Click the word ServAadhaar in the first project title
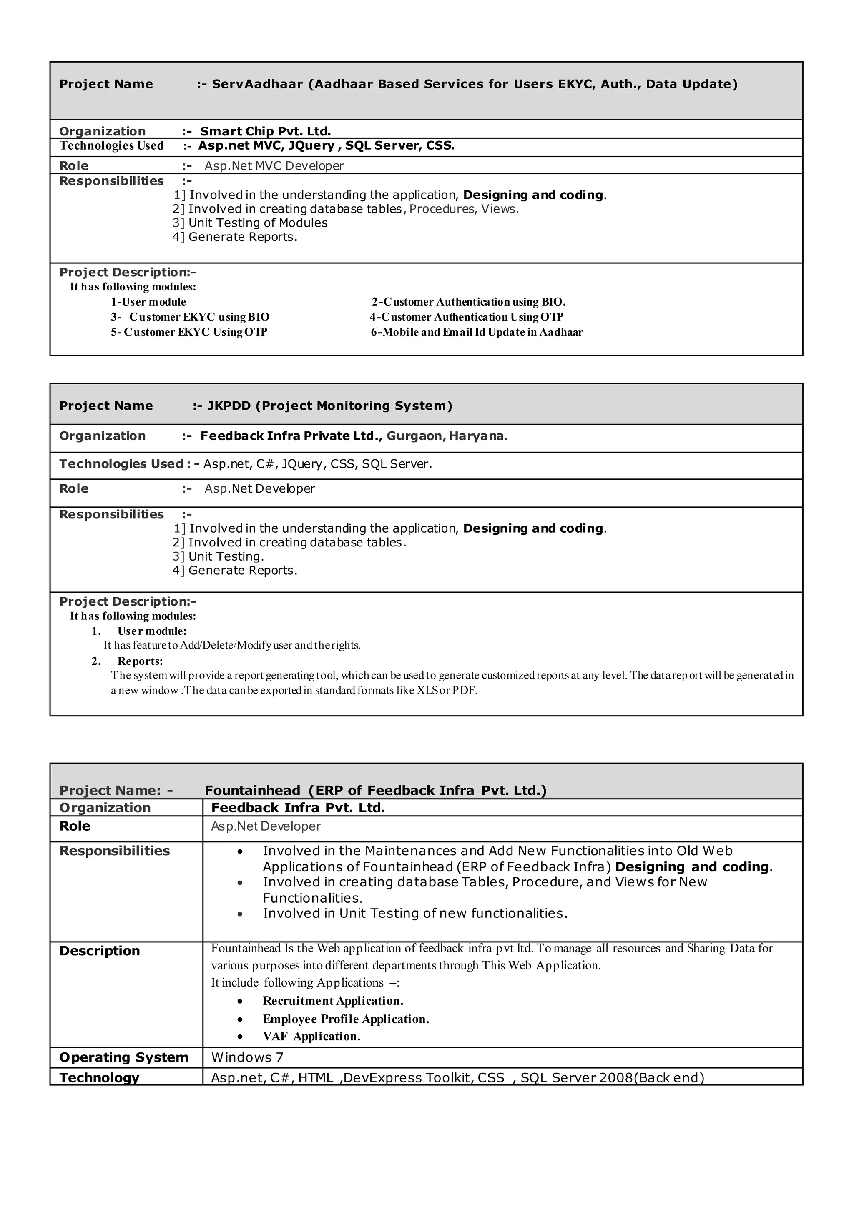[257, 84]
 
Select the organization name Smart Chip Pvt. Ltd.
[265, 131]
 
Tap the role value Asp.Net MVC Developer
[274, 166]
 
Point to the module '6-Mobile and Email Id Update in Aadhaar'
[477, 332]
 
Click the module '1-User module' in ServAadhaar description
[148, 302]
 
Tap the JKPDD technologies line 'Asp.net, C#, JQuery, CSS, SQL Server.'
[318, 464]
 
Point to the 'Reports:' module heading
[140, 661]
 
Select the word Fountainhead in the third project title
[252, 791]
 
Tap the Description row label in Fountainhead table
[99, 951]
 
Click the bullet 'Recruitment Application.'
[333, 1001]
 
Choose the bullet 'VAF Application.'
[311, 1037]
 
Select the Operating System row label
[123, 1058]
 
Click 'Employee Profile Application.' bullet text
[346, 1019]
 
